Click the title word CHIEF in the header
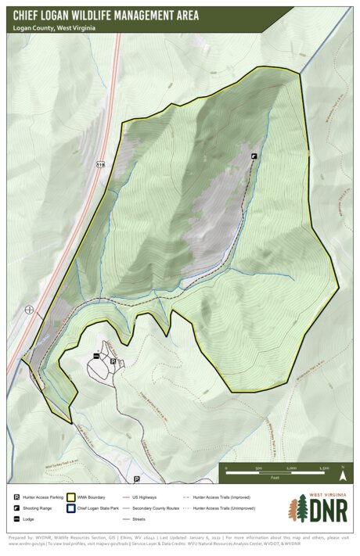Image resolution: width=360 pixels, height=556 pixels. [34, 15]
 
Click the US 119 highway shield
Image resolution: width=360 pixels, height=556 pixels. [100, 166]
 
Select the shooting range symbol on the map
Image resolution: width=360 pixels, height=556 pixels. [254, 156]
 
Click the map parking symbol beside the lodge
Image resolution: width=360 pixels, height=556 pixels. [113, 361]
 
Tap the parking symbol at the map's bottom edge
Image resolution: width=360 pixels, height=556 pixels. [136, 479]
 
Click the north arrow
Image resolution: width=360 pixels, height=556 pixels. [343, 473]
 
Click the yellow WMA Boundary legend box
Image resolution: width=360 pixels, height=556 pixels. [71, 497]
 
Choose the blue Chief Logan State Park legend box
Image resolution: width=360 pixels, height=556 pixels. [71, 508]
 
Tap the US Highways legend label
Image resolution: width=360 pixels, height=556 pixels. [145, 497]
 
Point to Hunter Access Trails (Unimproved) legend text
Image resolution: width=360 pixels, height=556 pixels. [224, 508]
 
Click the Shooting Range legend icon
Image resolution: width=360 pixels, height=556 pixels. [16, 508]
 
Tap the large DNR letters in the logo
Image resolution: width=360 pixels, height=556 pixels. [327, 513]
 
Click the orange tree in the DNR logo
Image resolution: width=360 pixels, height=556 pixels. [298, 510]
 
